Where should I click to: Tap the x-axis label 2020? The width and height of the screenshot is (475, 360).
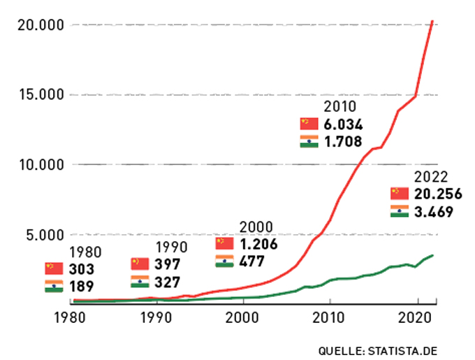point(417,317)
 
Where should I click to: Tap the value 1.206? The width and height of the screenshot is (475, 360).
point(258,245)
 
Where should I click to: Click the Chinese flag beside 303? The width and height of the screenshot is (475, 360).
point(54,268)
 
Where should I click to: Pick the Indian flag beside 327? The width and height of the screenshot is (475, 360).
point(140,282)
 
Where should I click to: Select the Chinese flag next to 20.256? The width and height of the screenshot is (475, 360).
point(400,193)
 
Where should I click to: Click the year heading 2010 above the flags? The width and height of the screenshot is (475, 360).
point(340,106)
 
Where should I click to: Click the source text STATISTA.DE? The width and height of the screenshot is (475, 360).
point(409,348)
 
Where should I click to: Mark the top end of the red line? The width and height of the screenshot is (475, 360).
point(433,21)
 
